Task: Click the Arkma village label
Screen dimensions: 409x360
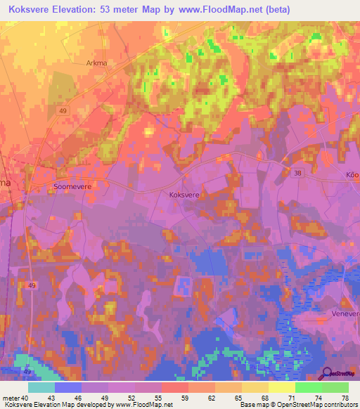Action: (96, 63)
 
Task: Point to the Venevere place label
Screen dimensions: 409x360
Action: (345, 314)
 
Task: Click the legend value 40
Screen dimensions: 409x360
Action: (25, 398)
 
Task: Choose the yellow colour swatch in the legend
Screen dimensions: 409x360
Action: (282, 387)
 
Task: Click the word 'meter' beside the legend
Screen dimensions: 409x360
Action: (10, 398)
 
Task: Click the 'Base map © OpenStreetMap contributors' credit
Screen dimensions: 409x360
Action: (298, 405)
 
